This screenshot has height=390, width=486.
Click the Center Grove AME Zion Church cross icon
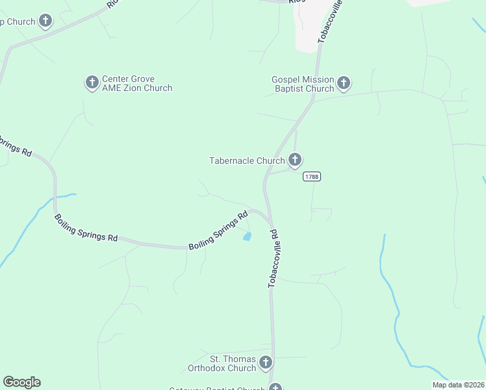[92, 82]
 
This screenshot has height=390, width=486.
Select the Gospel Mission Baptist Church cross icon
[344, 83]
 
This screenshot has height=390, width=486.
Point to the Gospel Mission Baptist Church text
[303, 84]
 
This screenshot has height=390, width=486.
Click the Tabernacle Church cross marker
[295, 159]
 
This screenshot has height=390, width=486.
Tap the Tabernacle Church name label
[247, 161]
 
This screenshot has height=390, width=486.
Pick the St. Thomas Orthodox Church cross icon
[265, 362]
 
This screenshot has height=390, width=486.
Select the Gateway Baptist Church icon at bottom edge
[275, 387]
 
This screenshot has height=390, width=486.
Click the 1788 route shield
[312, 177]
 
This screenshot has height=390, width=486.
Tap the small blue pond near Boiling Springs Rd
[247, 237]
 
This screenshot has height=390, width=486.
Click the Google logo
[21, 382]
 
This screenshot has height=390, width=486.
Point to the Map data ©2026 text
[458, 385]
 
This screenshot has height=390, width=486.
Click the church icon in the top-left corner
[45, 21]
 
